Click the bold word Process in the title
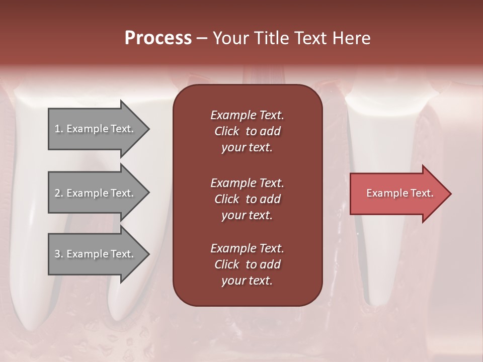point(158,38)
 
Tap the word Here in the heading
point(352,38)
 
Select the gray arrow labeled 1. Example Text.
point(96,129)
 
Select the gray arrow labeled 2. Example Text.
point(96,193)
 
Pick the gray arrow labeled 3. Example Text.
point(96,254)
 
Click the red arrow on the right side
point(397,194)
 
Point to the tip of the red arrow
point(450,194)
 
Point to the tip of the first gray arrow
point(148,129)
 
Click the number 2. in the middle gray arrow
point(58,193)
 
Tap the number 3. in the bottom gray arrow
point(58,254)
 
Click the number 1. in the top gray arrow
point(58,129)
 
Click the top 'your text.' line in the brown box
point(247,148)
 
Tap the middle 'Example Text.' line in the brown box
point(247,183)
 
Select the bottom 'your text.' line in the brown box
point(247,281)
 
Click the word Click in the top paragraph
point(227,131)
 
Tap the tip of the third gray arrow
point(148,254)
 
